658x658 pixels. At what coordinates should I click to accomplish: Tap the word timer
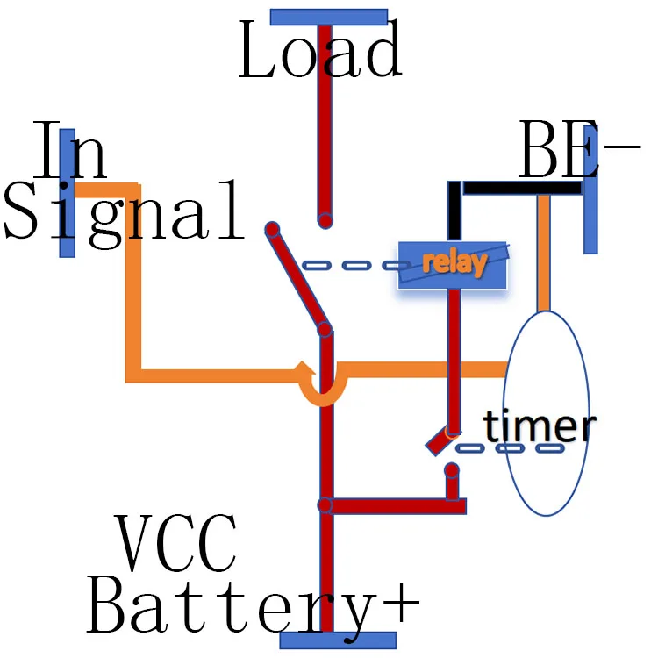(x=539, y=426)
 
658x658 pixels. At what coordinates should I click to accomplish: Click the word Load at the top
(x=320, y=51)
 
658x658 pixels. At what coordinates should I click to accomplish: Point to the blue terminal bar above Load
(x=328, y=17)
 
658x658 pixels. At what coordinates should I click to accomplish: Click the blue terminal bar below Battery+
(x=338, y=640)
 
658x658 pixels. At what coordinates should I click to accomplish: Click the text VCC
(x=176, y=544)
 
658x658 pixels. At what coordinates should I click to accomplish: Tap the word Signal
(x=123, y=211)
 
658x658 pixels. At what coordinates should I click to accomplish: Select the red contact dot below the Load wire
(x=325, y=220)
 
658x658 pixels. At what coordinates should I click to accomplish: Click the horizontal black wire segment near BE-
(x=521, y=188)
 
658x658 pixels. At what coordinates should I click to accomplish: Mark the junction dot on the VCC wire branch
(x=325, y=505)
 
